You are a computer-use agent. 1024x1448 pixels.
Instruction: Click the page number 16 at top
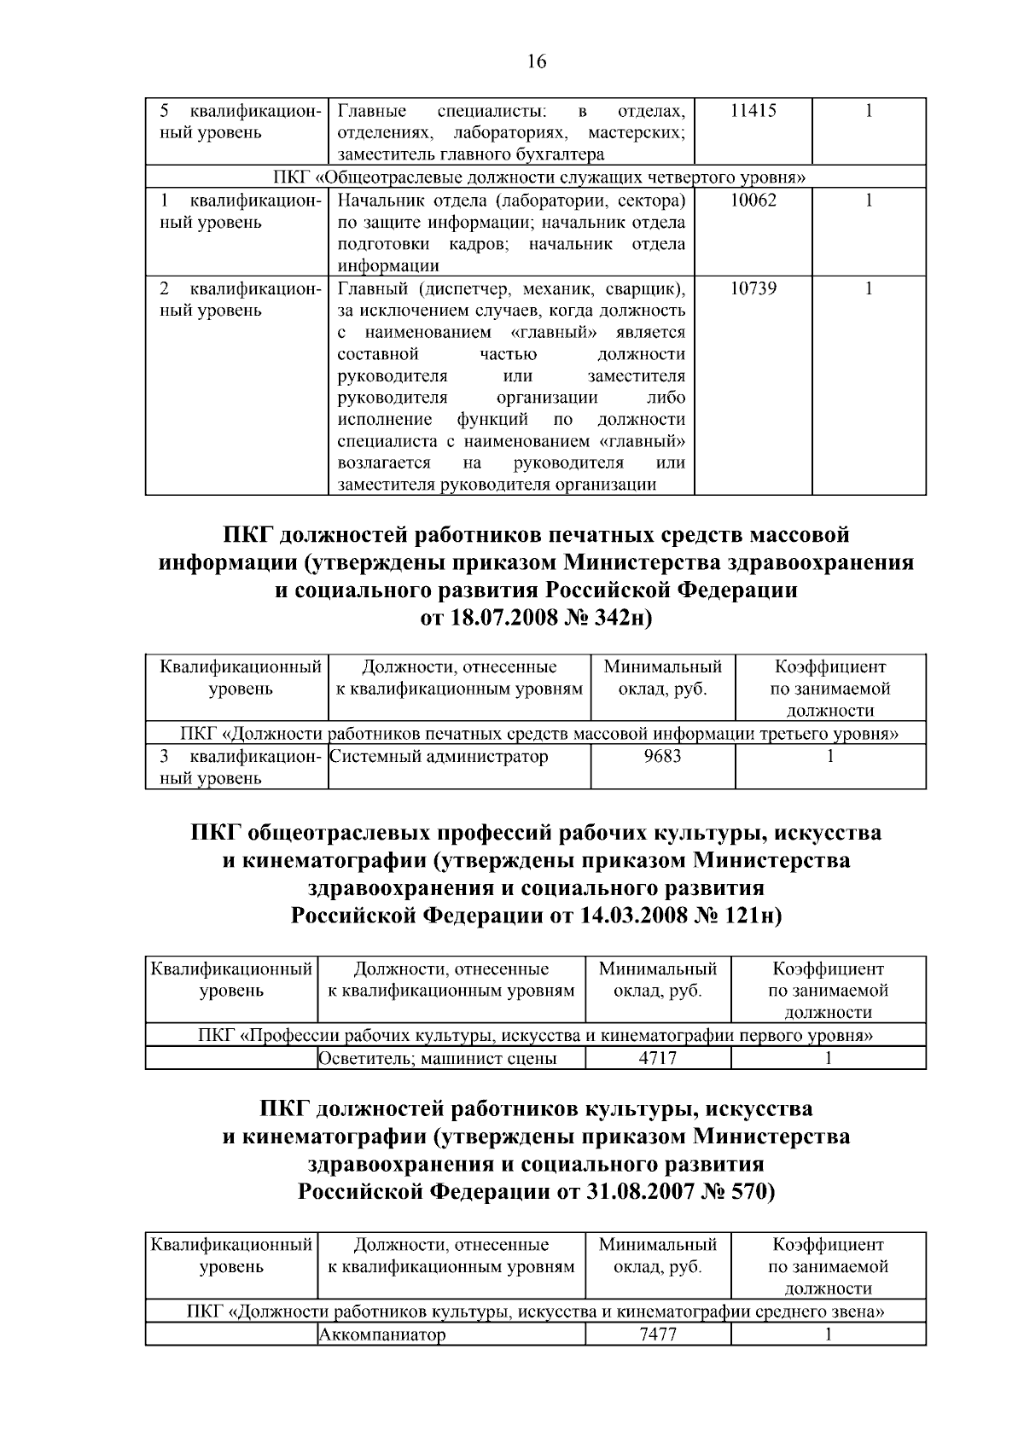coord(537,61)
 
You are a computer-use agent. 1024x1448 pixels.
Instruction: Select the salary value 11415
coord(753,111)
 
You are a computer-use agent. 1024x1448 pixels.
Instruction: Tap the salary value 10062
coord(753,201)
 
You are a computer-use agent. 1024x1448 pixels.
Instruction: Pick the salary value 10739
coord(753,289)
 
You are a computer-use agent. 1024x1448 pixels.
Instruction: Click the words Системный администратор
coord(439,757)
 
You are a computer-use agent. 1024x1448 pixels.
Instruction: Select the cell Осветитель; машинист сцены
coord(438,1059)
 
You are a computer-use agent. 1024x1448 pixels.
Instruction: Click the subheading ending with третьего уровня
coord(540,734)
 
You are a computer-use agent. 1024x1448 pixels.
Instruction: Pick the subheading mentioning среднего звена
coord(535,1311)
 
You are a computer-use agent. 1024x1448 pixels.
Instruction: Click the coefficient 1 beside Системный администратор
coord(829,757)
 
